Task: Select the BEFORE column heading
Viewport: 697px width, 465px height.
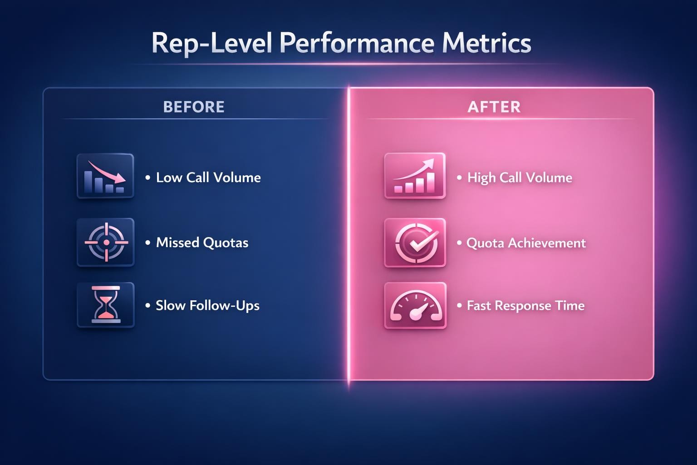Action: (x=194, y=107)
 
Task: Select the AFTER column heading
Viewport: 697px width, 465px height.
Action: (x=494, y=107)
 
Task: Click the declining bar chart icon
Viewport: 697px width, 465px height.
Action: (x=105, y=176)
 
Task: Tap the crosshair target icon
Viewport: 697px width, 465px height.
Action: (x=106, y=242)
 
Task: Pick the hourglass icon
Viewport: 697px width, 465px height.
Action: (x=106, y=305)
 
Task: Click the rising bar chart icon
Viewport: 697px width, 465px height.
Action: (x=415, y=176)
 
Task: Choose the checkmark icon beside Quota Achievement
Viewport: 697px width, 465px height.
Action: (x=415, y=242)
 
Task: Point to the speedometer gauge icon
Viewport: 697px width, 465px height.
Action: (x=415, y=306)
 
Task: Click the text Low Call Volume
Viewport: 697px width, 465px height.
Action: (x=208, y=177)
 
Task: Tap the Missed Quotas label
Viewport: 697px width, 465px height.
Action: (x=202, y=242)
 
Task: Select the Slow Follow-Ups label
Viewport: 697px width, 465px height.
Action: (x=207, y=305)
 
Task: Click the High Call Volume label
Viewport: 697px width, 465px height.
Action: (x=520, y=177)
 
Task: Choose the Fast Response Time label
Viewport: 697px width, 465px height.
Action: (x=525, y=306)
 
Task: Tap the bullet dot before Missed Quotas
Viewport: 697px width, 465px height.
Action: (x=148, y=242)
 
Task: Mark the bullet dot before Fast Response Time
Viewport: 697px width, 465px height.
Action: (x=459, y=306)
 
